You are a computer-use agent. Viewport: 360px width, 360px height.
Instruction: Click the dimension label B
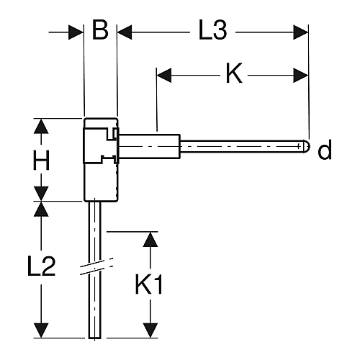click(x=100, y=31)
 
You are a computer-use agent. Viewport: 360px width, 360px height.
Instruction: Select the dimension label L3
click(x=212, y=31)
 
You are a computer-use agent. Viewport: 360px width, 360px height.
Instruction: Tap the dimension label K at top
click(x=234, y=73)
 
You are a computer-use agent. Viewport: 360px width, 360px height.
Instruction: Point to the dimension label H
click(x=41, y=160)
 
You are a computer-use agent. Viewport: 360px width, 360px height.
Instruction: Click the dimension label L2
click(x=41, y=266)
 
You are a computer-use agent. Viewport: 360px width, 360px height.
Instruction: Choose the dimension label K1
click(x=149, y=284)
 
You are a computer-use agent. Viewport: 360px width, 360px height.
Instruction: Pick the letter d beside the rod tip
click(x=325, y=149)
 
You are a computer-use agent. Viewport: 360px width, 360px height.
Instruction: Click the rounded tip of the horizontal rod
click(x=307, y=146)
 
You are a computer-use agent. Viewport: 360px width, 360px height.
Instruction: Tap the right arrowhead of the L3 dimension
click(x=301, y=32)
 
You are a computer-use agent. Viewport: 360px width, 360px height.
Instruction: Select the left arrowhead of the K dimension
click(x=164, y=75)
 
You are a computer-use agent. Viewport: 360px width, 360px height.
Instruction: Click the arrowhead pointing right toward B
click(x=76, y=32)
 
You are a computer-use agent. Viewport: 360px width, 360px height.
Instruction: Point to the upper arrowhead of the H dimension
click(x=41, y=126)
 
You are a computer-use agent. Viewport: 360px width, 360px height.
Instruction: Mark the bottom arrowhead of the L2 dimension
click(x=41, y=330)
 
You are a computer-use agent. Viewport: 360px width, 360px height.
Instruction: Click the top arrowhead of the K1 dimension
click(x=150, y=240)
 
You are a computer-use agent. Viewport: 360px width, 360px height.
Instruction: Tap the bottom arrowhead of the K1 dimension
click(x=150, y=330)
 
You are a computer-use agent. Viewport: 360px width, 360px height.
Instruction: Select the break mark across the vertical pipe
click(x=96, y=266)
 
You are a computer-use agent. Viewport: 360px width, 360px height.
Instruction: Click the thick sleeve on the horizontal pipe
click(x=149, y=146)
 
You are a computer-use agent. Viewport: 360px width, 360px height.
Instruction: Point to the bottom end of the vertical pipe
click(x=95, y=338)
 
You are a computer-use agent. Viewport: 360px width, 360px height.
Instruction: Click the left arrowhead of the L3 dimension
click(x=125, y=32)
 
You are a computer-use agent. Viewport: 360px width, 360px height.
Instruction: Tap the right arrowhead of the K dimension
click(x=301, y=75)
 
